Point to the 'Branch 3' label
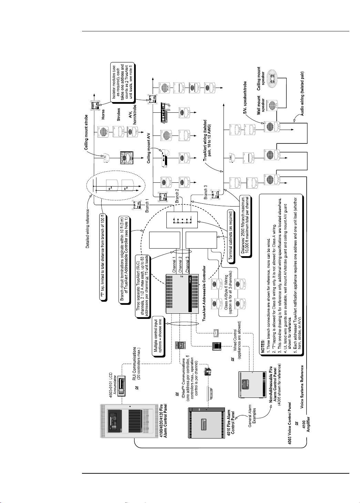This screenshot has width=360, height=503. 206,192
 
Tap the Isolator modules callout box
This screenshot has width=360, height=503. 122,81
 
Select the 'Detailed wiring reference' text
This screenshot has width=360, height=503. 88,228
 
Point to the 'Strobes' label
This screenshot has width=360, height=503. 119,114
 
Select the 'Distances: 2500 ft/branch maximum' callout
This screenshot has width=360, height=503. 245,227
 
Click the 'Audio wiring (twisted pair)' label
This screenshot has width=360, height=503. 303,93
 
